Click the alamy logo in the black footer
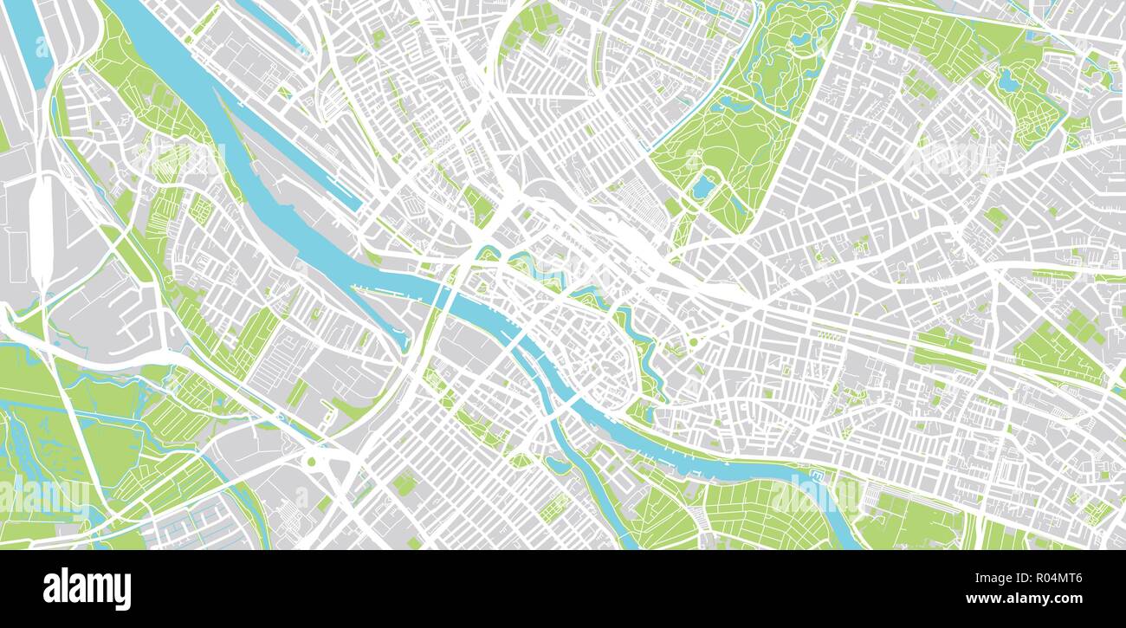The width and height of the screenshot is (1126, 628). (87, 589)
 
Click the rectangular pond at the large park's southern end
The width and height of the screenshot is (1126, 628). (702, 186)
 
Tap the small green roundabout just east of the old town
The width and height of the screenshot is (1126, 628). (693, 343)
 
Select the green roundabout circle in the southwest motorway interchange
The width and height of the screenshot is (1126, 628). (311, 461)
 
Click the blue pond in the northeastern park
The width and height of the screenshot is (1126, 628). (1007, 81)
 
